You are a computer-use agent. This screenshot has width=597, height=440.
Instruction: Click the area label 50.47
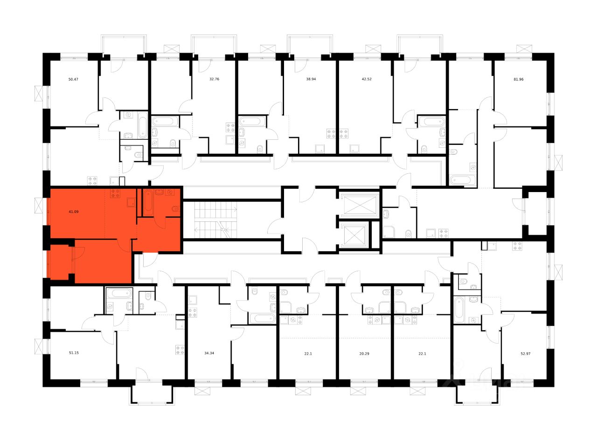point(73,79)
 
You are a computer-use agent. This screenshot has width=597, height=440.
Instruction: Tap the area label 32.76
point(214,79)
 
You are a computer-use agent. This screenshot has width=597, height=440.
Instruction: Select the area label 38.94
point(311,79)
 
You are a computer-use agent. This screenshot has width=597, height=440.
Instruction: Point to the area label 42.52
point(367,79)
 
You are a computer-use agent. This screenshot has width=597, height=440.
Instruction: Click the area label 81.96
point(519,79)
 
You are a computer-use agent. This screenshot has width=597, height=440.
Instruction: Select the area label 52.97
point(525,353)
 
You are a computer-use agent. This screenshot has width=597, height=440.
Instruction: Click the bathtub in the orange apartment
point(147,202)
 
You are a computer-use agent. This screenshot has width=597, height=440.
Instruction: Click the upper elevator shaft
point(359,204)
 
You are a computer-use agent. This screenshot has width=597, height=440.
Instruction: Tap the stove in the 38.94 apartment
point(332,134)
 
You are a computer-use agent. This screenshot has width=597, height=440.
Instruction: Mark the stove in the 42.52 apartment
point(344,134)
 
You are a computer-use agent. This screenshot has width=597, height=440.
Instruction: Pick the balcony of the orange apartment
point(60,262)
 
